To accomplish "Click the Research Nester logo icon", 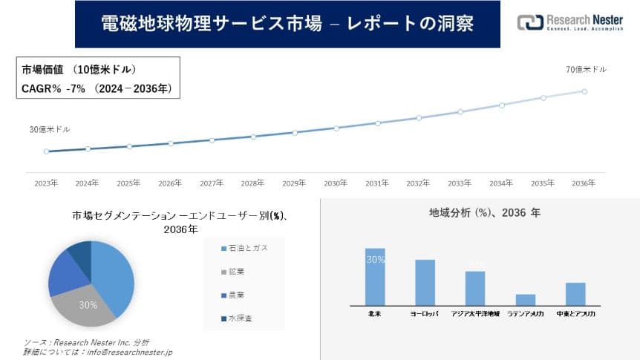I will [529, 23].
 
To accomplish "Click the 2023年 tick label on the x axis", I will [46, 183].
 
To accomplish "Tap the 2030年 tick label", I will [336, 183].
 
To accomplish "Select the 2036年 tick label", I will [584, 183].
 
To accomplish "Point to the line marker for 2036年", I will [584, 91].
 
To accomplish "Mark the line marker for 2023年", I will [46, 151].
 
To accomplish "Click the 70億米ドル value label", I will [586, 70].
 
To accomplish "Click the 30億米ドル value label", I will [50, 129].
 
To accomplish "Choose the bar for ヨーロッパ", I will [425, 282].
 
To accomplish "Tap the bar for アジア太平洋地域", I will [475, 288].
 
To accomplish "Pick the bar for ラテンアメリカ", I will [526, 300].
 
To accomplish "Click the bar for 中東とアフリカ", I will [575, 294].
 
